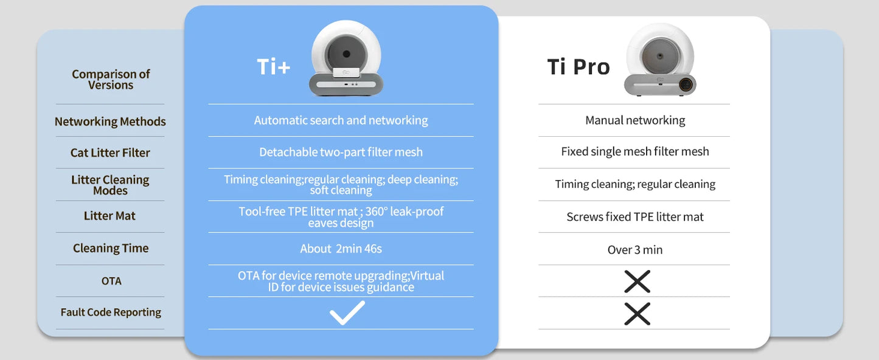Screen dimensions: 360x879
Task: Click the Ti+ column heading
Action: pos(274,67)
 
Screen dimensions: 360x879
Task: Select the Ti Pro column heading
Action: pos(578,66)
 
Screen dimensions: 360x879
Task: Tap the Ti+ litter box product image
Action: pos(346,58)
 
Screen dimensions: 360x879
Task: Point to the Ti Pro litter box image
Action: pos(660,60)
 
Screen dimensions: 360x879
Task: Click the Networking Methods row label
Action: pos(110,122)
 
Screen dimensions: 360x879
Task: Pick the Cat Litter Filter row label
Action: pos(110,153)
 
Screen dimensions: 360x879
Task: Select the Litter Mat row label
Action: pos(109,216)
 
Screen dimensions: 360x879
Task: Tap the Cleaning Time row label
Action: pos(111,248)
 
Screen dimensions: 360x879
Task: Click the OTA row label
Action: pos(111,281)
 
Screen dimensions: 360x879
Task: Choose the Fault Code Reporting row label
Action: pos(111,313)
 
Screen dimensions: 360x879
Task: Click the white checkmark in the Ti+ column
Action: pos(347,313)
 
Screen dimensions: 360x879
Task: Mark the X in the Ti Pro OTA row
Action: pos(637,282)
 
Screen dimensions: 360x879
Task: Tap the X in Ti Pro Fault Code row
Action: pos(637,314)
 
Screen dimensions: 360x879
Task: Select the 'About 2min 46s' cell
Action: pos(341,249)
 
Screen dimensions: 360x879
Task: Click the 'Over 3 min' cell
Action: pos(635,249)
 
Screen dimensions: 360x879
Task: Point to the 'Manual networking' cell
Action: pos(635,120)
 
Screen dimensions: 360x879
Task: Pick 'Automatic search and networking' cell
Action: pos(341,120)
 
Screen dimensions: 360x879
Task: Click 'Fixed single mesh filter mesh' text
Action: pos(635,151)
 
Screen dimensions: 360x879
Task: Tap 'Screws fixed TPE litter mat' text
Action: pos(635,217)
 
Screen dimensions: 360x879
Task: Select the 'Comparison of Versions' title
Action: pos(111,80)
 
